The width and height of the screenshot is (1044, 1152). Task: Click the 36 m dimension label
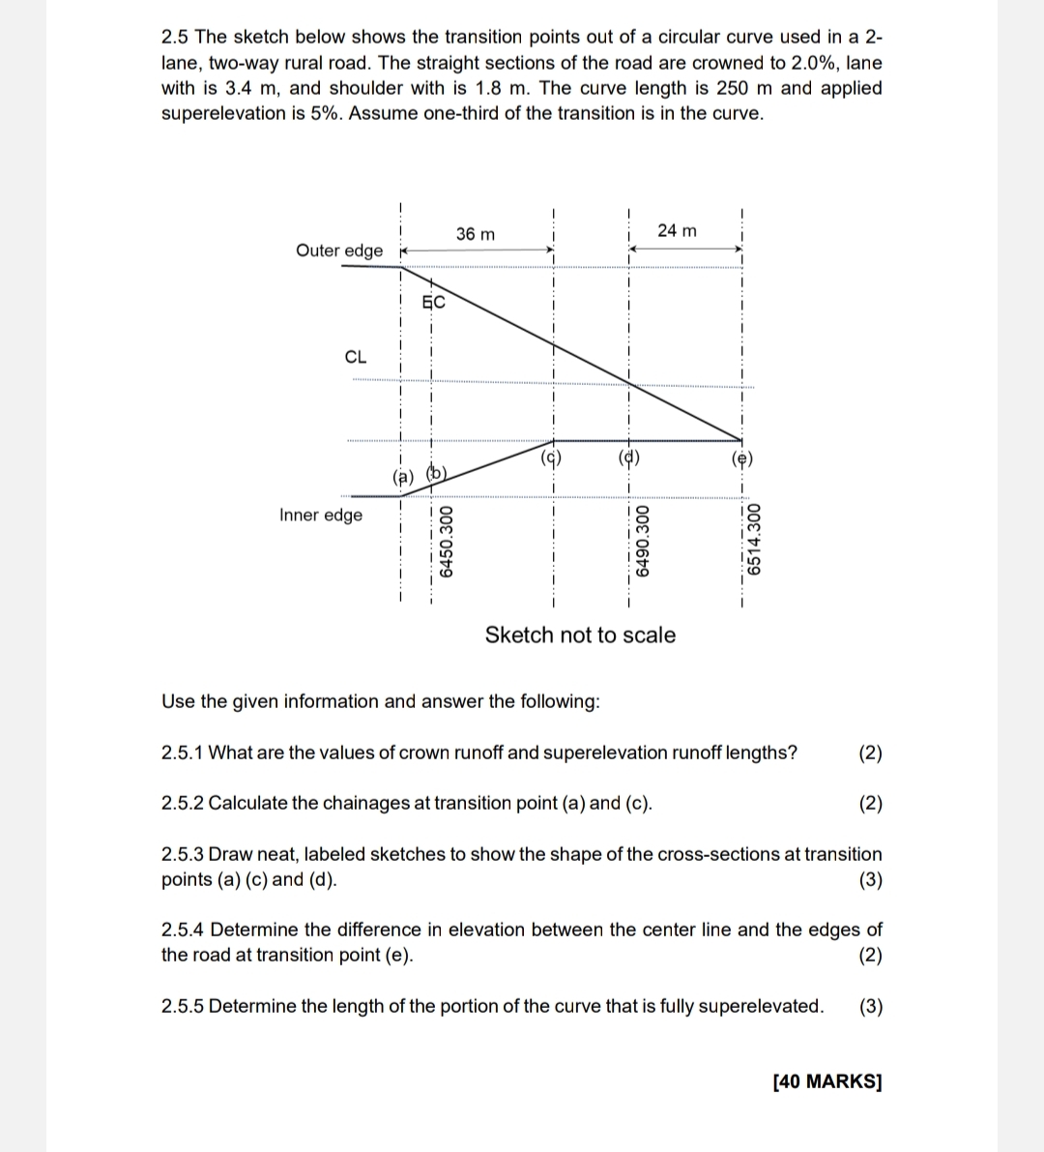tap(475, 234)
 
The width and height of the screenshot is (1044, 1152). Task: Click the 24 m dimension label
tap(676, 230)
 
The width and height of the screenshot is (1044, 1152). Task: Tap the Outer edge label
tap(338, 251)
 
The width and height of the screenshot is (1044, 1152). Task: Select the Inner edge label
tap(321, 515)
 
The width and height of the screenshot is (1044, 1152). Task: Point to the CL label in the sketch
tap(355, 356)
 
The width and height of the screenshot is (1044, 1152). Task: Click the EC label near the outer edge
tap(434, 302)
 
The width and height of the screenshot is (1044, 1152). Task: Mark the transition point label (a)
tap(402, 476)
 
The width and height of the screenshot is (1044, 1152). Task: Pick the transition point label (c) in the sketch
tap(552, 458)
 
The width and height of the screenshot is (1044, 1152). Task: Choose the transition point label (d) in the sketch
tap(628, 458)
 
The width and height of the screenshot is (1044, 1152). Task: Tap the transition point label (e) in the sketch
tap(741, 460)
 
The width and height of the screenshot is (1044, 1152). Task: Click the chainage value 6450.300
tap(445, 542)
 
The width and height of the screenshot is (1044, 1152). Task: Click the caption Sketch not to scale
tap(580, 635)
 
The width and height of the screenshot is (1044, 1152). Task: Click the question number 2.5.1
tap(182, 753)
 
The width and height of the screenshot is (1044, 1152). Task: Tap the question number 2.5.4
tap(183, 930)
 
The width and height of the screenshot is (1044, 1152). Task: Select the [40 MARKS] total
tap(827, 1081)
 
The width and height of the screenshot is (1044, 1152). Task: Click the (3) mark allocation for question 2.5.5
tap(870, 1006)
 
